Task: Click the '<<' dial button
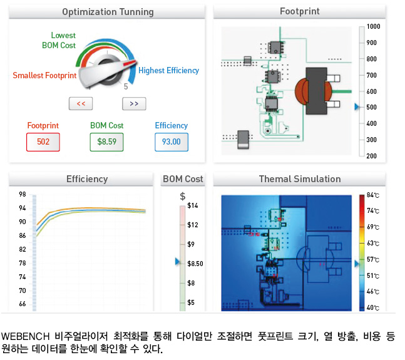pos(81,104)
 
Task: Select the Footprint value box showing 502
pos(43,142)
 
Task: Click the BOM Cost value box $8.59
pos(106,142)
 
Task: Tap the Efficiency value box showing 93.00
pos(172,142)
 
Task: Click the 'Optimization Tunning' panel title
pos(108,12)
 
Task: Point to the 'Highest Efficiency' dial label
pos(168,71)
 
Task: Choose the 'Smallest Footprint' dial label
pos(44,76)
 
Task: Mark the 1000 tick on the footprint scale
pos(374,27)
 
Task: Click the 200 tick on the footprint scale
pos(372,156)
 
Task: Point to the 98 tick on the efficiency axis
pos(23,194)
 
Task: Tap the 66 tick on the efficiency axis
pos(23,304)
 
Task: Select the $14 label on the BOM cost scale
pos(193,206)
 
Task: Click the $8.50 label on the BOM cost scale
pos(195,264)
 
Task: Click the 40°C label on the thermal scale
pos(374,307)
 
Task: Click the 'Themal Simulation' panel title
pos(299,179)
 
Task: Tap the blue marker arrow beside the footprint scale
pos(356,107)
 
